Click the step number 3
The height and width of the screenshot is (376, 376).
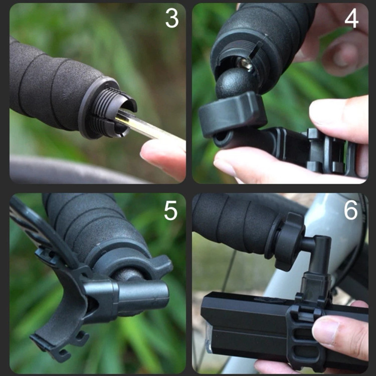coord(172,18)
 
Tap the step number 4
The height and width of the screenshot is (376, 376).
coord(351,18)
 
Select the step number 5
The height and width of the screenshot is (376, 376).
coord(171,211)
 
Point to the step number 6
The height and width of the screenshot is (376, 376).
coord(350,210)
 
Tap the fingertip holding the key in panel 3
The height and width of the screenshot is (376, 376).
coord(163,158)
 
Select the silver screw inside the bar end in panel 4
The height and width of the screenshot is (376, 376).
coord(245,64)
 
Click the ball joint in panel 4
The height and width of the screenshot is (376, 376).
coord(234,82)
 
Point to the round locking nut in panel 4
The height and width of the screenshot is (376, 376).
coord(232,115)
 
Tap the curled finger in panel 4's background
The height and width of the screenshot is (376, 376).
coord(340,55)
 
